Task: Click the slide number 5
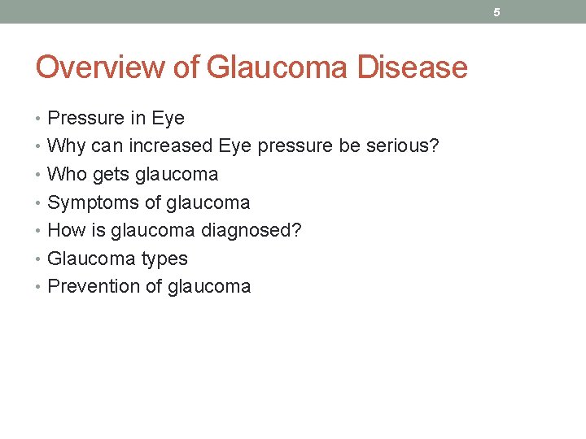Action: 496,12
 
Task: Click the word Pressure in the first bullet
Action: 85,118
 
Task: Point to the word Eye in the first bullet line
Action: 168,118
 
